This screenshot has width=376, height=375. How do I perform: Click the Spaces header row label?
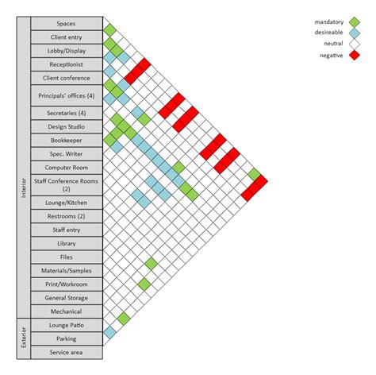coord(67,23)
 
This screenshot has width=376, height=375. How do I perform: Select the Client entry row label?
coord(67,37)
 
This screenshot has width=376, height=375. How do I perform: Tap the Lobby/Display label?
coord(67,50)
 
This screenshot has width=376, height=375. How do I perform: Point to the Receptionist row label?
coord(67,64)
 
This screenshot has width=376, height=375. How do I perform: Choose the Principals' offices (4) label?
coord(67,95)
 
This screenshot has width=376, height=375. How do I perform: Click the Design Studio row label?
coord(67,126)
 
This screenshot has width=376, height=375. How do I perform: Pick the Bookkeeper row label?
coord(67,140)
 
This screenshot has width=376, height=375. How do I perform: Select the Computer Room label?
coord(67,168)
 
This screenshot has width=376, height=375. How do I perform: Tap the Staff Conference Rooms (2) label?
coord(67,185)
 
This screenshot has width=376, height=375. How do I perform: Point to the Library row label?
coord(67,243)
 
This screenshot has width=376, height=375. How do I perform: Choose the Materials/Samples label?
coord(67,271)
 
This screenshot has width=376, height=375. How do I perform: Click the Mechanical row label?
coord(67,311)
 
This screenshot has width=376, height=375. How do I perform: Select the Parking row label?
coord(67,339)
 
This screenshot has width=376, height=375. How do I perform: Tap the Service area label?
coord(67,353)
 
